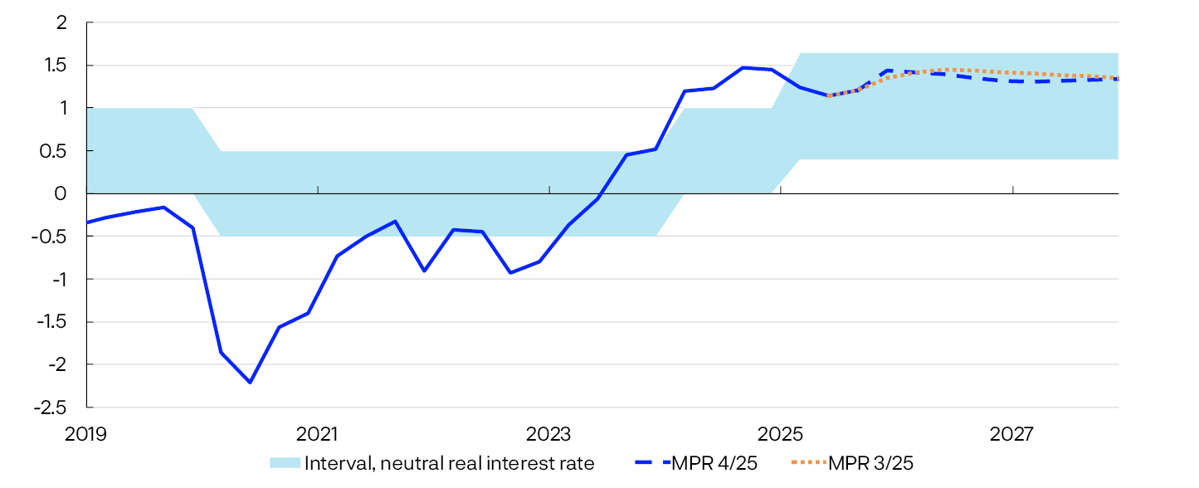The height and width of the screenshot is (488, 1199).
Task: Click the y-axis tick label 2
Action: coord(61,22)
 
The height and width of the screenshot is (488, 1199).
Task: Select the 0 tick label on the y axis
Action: coord(61,193)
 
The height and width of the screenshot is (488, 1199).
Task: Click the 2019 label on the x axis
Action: coord(87,432)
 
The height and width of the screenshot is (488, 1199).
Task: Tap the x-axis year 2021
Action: coord(318,432)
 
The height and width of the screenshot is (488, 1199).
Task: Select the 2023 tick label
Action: coord(549,432)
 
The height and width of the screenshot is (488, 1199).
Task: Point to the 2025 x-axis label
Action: coord(781,432)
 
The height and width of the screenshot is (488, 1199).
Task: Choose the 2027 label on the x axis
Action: coord(1012,432)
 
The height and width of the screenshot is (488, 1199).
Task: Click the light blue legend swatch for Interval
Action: coord(285,463)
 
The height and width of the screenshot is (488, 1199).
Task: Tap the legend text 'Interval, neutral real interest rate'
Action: coord(450,463)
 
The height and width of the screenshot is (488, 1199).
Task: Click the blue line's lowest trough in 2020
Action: coord(250,382)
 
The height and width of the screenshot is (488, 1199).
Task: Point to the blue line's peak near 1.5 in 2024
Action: coord(743,68)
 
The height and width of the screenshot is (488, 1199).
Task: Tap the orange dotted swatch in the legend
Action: coord(803,463)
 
